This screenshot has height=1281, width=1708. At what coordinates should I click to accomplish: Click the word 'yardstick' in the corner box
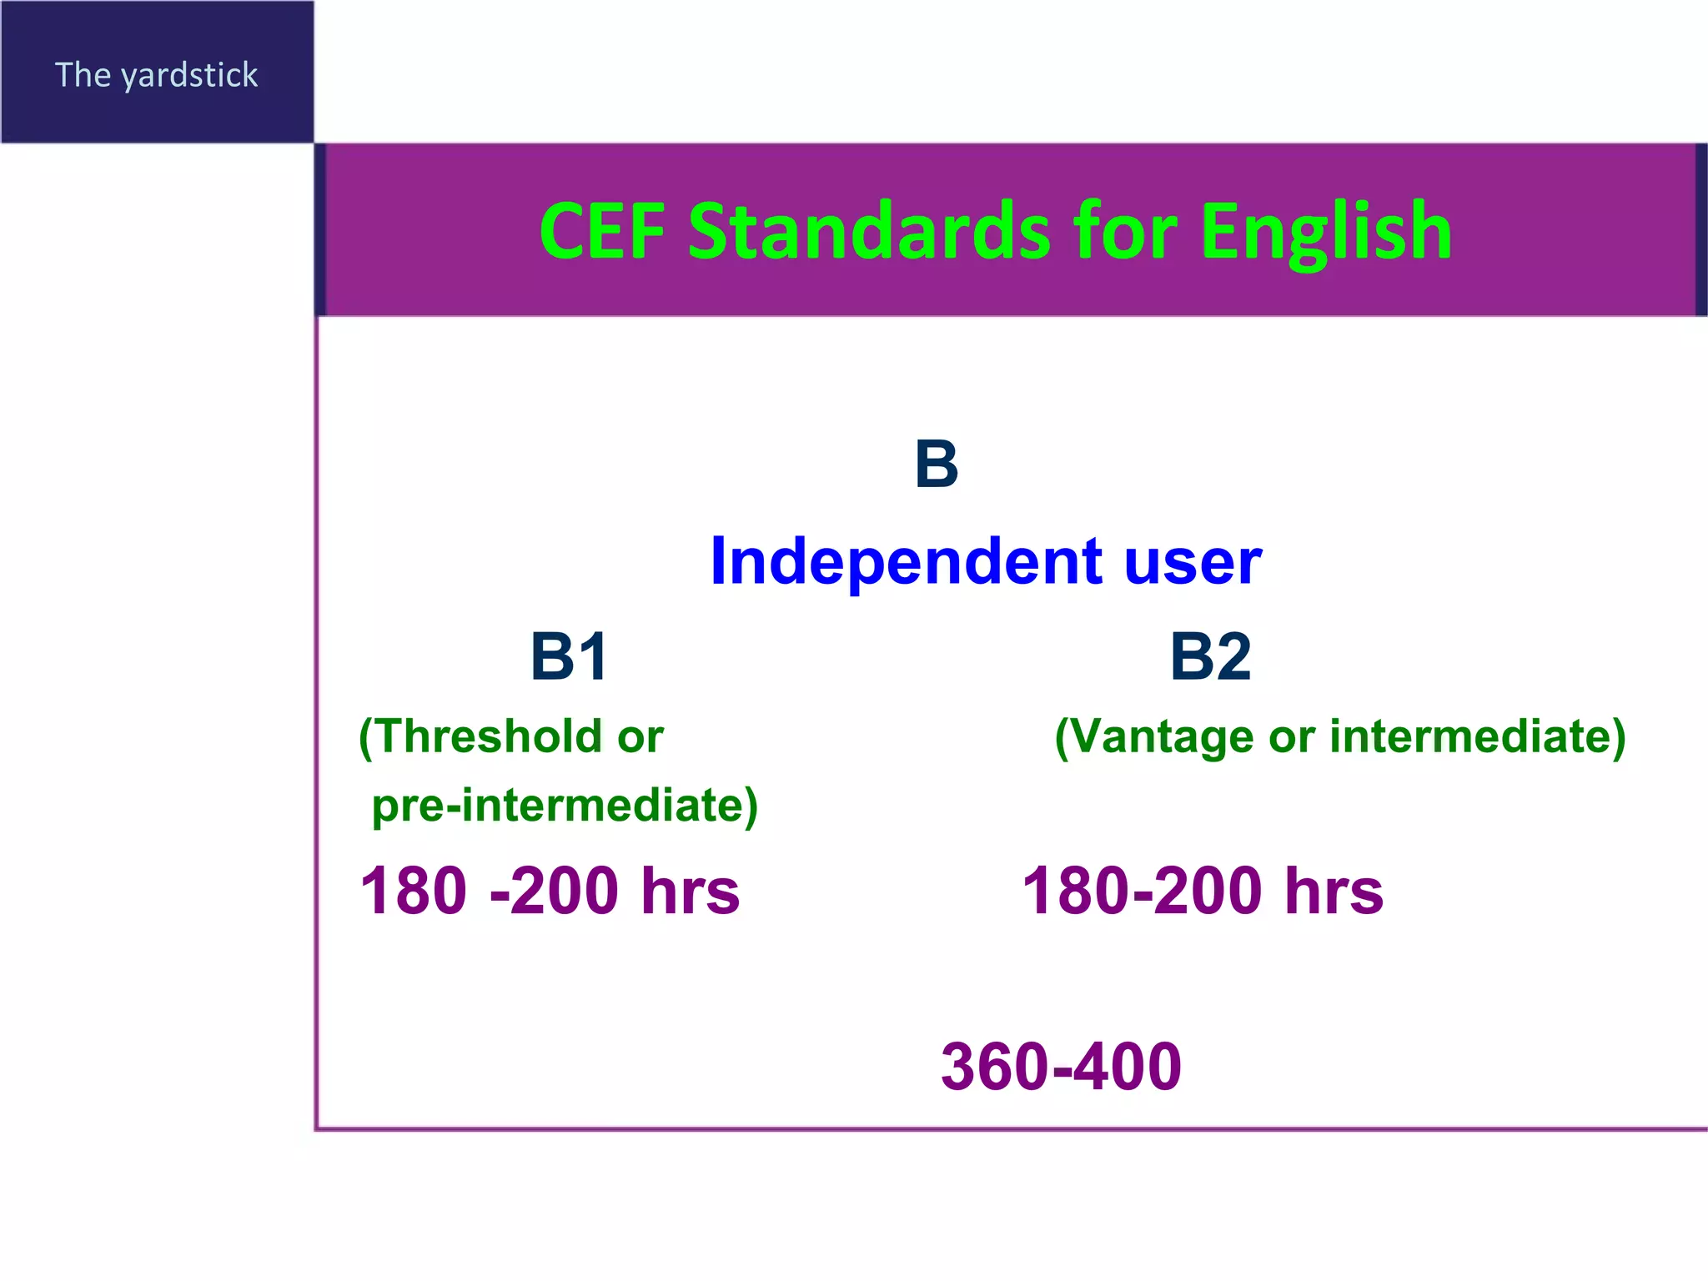click(x=190, y=76)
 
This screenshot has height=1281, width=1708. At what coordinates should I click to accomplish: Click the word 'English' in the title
click(x=1326, y=231)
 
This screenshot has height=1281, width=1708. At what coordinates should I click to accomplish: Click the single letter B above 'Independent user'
click(x=936, y=465)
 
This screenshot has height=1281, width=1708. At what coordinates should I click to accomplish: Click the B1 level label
click(x=570, y=656)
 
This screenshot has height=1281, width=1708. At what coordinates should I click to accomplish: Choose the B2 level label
click(x=1210, y=656)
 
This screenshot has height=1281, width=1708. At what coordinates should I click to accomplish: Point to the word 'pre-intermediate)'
click(x=565, y=806)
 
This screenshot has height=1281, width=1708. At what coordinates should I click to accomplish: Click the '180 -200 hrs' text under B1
click(x=549, y=891)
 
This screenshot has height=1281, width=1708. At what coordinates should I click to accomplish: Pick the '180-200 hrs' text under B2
click(x=1202, y=891)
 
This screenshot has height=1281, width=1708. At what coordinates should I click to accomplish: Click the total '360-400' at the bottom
click(x=1061, y=1067)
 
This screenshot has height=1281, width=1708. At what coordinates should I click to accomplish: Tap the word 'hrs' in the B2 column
click(x=1334, y=891)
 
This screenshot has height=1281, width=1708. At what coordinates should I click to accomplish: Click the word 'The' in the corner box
click(x=83, y=76)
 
